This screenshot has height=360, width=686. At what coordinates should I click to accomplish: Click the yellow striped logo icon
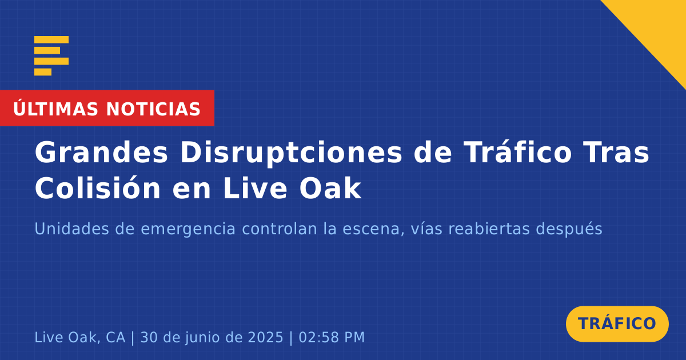point(51,56)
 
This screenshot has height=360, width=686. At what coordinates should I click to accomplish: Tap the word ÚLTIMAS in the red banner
point(55,109)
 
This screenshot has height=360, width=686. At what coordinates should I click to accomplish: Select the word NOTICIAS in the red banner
point(153,109)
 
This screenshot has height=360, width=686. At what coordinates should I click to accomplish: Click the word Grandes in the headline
point(101,153)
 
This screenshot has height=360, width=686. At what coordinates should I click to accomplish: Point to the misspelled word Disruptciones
point(291,153)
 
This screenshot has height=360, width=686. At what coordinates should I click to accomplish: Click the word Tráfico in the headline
point(517,152)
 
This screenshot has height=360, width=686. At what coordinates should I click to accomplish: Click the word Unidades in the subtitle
point(71,229)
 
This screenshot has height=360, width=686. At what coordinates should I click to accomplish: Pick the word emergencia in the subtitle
point(188,230)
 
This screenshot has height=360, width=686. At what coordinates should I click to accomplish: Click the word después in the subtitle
point(569,230)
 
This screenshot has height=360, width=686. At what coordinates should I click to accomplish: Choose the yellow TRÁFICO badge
point(617,324)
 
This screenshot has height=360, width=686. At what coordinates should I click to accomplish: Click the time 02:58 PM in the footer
point(332,337)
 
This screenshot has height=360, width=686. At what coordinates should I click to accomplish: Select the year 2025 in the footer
point(265,337)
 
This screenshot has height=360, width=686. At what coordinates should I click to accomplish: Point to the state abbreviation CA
point(115,337)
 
